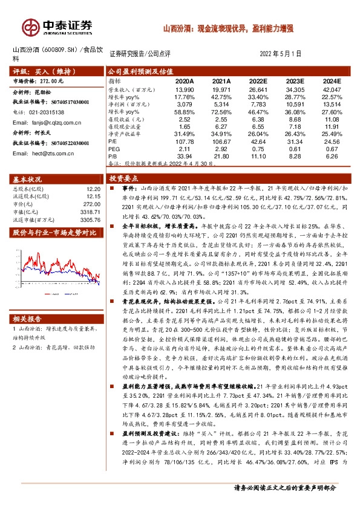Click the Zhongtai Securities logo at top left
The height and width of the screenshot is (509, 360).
(57, 27)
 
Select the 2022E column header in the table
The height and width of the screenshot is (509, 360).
(258, 80)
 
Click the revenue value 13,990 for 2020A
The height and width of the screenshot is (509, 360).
(184, 89)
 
